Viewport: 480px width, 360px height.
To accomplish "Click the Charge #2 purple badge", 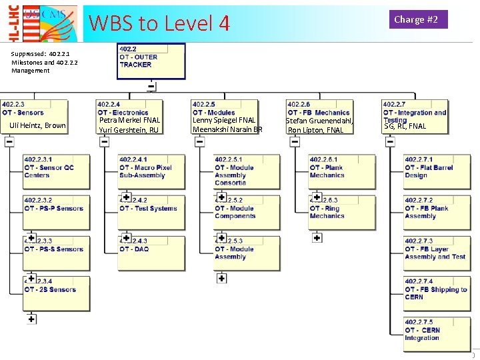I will [416, 19].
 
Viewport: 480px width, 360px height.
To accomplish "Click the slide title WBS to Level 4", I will [159, 23].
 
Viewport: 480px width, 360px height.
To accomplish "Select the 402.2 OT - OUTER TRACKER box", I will [151, 61].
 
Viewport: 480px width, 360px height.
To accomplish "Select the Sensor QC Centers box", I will [56, 171].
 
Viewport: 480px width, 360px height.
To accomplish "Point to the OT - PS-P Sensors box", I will [56, 211].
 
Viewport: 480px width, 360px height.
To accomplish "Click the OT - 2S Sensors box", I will [56, 293].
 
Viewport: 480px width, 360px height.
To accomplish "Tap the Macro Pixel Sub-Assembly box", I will [151, 171].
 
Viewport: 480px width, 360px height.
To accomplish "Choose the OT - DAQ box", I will [151, 253].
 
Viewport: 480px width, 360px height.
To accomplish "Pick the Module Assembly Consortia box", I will [247, 171].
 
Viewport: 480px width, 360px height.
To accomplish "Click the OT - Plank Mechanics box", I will [342, 171].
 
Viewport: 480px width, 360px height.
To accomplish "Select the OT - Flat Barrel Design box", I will [437, 171].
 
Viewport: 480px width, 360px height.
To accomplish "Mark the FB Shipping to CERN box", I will [437, 293].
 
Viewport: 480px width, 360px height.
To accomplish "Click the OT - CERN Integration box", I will [437, 334].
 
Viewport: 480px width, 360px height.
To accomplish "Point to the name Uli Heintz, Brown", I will [37, 125].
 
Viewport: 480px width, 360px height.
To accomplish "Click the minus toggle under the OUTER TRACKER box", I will [151, 86].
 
